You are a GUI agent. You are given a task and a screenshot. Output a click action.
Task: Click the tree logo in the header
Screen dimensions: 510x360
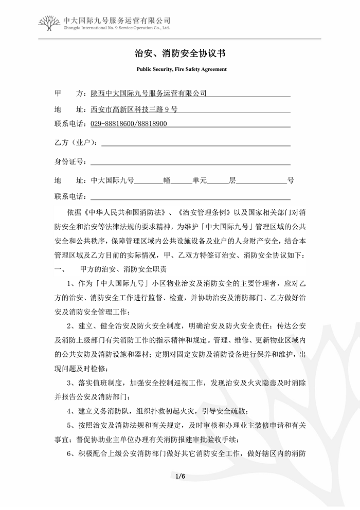pos(50,23)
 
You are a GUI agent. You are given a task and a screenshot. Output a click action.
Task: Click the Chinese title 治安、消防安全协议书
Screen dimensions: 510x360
pos(179,53)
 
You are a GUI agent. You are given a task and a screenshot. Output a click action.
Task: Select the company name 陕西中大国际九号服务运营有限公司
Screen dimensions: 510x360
pos(149,94)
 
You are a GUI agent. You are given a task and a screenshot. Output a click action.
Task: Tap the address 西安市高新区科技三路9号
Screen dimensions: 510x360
pos(134,109)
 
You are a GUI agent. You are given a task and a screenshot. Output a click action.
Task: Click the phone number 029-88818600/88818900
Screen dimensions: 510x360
pos(129,124)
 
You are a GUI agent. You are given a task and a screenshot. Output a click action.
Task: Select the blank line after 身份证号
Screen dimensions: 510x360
pos(190,161)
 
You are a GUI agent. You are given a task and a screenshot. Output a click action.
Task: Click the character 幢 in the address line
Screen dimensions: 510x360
pos(167,180)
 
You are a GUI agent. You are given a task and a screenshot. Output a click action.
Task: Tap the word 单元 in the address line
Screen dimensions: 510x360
pos(200,180)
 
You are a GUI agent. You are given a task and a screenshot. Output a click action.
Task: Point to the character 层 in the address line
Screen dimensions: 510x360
pos(232,180)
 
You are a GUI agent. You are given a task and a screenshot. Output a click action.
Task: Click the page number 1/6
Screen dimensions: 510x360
pos(179,477)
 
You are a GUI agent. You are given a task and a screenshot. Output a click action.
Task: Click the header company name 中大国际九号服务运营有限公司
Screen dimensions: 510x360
pos(117,20)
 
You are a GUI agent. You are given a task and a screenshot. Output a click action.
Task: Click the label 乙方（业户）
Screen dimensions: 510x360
pos(76,142)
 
